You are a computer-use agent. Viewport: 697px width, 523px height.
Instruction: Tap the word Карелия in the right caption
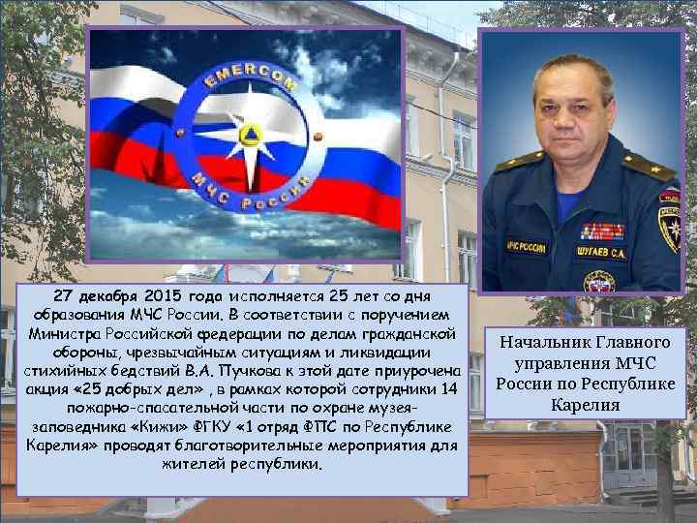(585, 405)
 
